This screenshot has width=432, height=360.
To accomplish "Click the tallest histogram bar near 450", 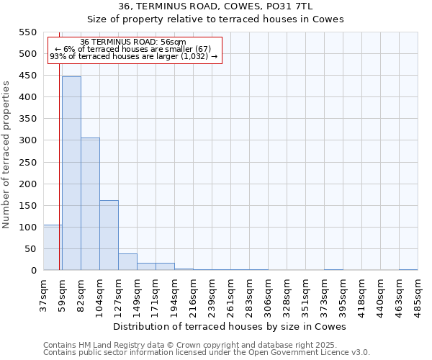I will pyautogui.click(x=71, y=173).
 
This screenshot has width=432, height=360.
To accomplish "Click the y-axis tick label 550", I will pyautogui.click(x=27, y=32).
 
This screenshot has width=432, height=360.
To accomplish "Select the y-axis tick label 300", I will pyautogui.click(x=27, y=140).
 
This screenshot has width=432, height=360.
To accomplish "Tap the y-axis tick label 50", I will pyautogui.click(x=30, y=248).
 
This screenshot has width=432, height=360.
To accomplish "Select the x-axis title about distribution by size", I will pyautogui.click(x=230, y=326).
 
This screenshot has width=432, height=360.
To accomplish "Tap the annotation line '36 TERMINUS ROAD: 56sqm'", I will pyautogui.click(x=133, y=42).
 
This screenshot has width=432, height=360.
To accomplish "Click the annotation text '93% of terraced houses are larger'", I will pyautogui.click(x=133, y=57).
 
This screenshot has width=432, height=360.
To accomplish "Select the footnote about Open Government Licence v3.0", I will pyautogui.click(x=207, y=353).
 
